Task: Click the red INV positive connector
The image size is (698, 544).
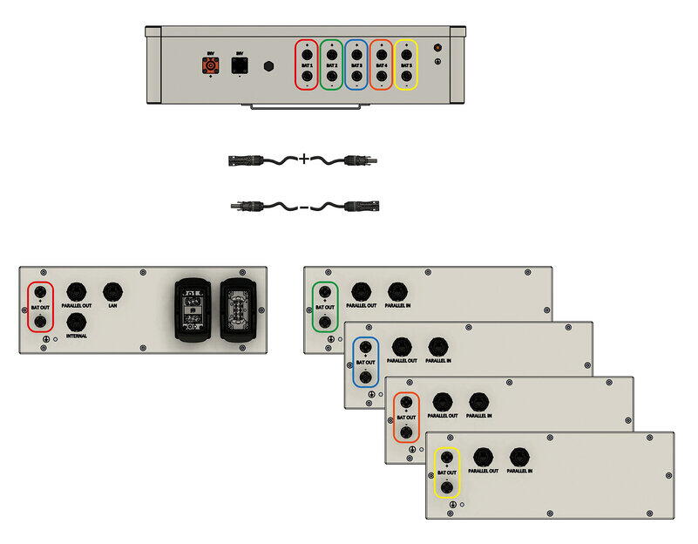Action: click(210, 66)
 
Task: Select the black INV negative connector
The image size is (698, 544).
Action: click(241, 66)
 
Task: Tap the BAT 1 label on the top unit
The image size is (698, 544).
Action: click(307, 65)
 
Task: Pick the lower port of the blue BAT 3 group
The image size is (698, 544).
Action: click(356, 78)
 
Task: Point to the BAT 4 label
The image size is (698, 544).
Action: click(381, 65)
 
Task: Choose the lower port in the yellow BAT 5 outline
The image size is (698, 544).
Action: click(405, 78)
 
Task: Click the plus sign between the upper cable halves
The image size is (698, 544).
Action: click(303, 160)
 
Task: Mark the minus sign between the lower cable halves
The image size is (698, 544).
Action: click(303, 207)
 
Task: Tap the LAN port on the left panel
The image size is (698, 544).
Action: click(112, 291)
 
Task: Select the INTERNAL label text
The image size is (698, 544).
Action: click(76, 336)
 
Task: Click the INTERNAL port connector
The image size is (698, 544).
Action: click(76, 321)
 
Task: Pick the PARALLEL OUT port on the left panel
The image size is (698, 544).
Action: click(76, 291)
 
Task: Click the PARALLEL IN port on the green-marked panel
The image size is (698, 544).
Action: click(397, 290)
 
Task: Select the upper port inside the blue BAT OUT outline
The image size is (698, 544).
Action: click(366, 348)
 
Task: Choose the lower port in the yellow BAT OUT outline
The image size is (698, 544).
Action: click(447, 488)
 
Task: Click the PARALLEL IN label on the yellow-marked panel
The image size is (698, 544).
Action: click(518, 471)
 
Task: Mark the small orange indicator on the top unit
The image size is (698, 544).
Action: click(437, 47)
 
